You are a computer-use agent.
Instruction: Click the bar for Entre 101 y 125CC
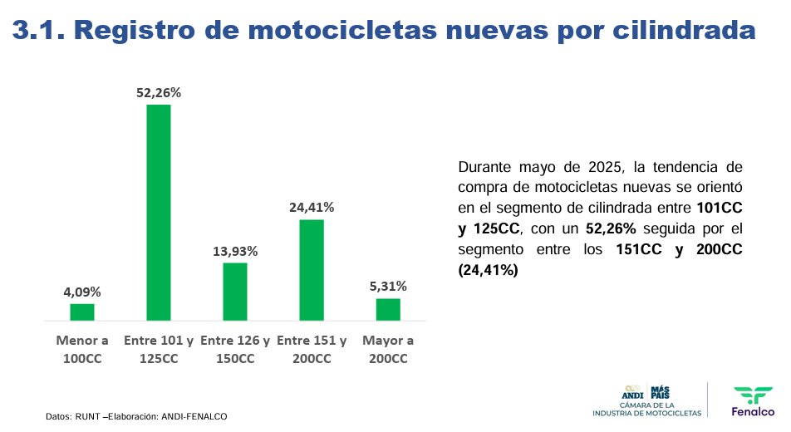(x=159, y=212)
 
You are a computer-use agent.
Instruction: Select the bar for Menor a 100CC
(x=82, y=312)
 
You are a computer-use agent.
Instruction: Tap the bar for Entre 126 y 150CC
(x=235, y=291)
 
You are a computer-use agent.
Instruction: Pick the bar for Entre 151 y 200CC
(x=312, y=269)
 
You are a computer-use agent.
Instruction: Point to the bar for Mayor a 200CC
(x=388, y=309)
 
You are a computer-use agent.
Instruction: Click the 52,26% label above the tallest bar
(x=159, y=93)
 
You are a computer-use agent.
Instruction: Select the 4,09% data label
(x=82, y=292)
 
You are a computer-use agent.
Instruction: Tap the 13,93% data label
(x=235, y=251)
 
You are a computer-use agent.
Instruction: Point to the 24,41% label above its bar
(x=312, y=208)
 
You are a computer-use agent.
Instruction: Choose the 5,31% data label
(x=388, y=287)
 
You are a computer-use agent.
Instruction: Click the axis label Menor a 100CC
(x=82, y=350)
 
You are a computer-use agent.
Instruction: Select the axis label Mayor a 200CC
(x=388, y=350)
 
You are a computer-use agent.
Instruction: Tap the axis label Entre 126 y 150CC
(x=235, y=350)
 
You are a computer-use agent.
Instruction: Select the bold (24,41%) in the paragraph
(x=488, y=270)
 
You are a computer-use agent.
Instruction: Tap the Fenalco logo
(x=753, y=400)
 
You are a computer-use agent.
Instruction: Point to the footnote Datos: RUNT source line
(x=136, y=415)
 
